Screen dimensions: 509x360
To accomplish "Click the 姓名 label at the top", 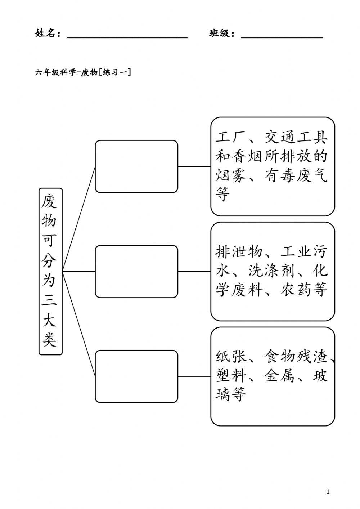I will click(46, 34).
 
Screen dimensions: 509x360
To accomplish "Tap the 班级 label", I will click(221, 34).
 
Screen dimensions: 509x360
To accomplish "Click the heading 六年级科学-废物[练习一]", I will click(83, 72).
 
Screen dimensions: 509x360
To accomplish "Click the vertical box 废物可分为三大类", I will click(50, 271).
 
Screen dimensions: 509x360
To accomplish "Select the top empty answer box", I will click(136, 166).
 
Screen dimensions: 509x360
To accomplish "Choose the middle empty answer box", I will click(136, 271).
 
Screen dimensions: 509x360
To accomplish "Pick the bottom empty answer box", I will click(136, 376).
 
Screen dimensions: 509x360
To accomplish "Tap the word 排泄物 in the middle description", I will click(239, 252).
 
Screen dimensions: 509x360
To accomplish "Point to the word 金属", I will click(280, 376).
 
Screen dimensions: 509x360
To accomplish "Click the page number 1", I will click(328, 491).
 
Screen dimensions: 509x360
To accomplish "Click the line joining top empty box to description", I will click(194, 166).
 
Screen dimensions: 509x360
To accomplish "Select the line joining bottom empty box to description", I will click(194, 376).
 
